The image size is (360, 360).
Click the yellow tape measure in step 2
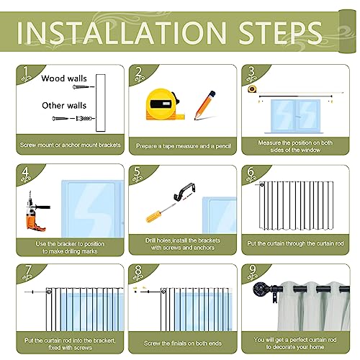click(x=165, y=104)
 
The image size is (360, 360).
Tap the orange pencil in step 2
click(x=204, y=105)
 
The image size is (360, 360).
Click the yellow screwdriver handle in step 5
click(x=154, y=216)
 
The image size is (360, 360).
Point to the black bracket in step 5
click(x=184, y=192)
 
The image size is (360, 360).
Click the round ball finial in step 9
click(x=261, y=289)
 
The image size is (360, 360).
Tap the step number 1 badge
click(x=26, y=73)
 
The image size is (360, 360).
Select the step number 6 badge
click(x=251, y=175)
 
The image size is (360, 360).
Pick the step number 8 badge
click(x=138, y=273)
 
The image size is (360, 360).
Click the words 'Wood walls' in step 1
click(x=64, y=78)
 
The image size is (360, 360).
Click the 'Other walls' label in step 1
click(x=64, y=105)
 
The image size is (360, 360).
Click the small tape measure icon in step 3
click(x=252, y=89)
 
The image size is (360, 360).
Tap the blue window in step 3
click(x=295, y=116)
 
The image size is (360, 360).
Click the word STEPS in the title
click(x=280, y=32)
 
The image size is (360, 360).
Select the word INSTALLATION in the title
click(x=122, y=32)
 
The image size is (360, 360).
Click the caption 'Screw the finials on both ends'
click(x=183, y=343)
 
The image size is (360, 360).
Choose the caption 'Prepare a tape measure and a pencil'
click(x=184, y=146)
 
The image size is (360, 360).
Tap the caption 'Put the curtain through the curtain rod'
click(x=295, y=243)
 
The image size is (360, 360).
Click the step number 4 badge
click(x=25, y=174)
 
